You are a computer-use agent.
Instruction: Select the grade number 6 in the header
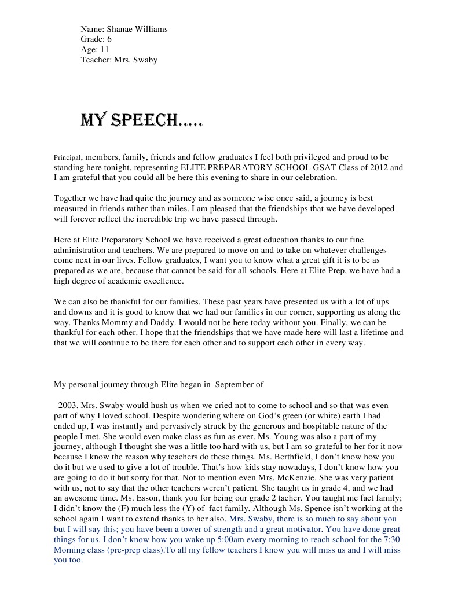(109, 39)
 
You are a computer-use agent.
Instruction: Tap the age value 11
(104, 50)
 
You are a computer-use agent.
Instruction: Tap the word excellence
(165, 281)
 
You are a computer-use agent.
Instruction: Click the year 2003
(67, 405)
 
